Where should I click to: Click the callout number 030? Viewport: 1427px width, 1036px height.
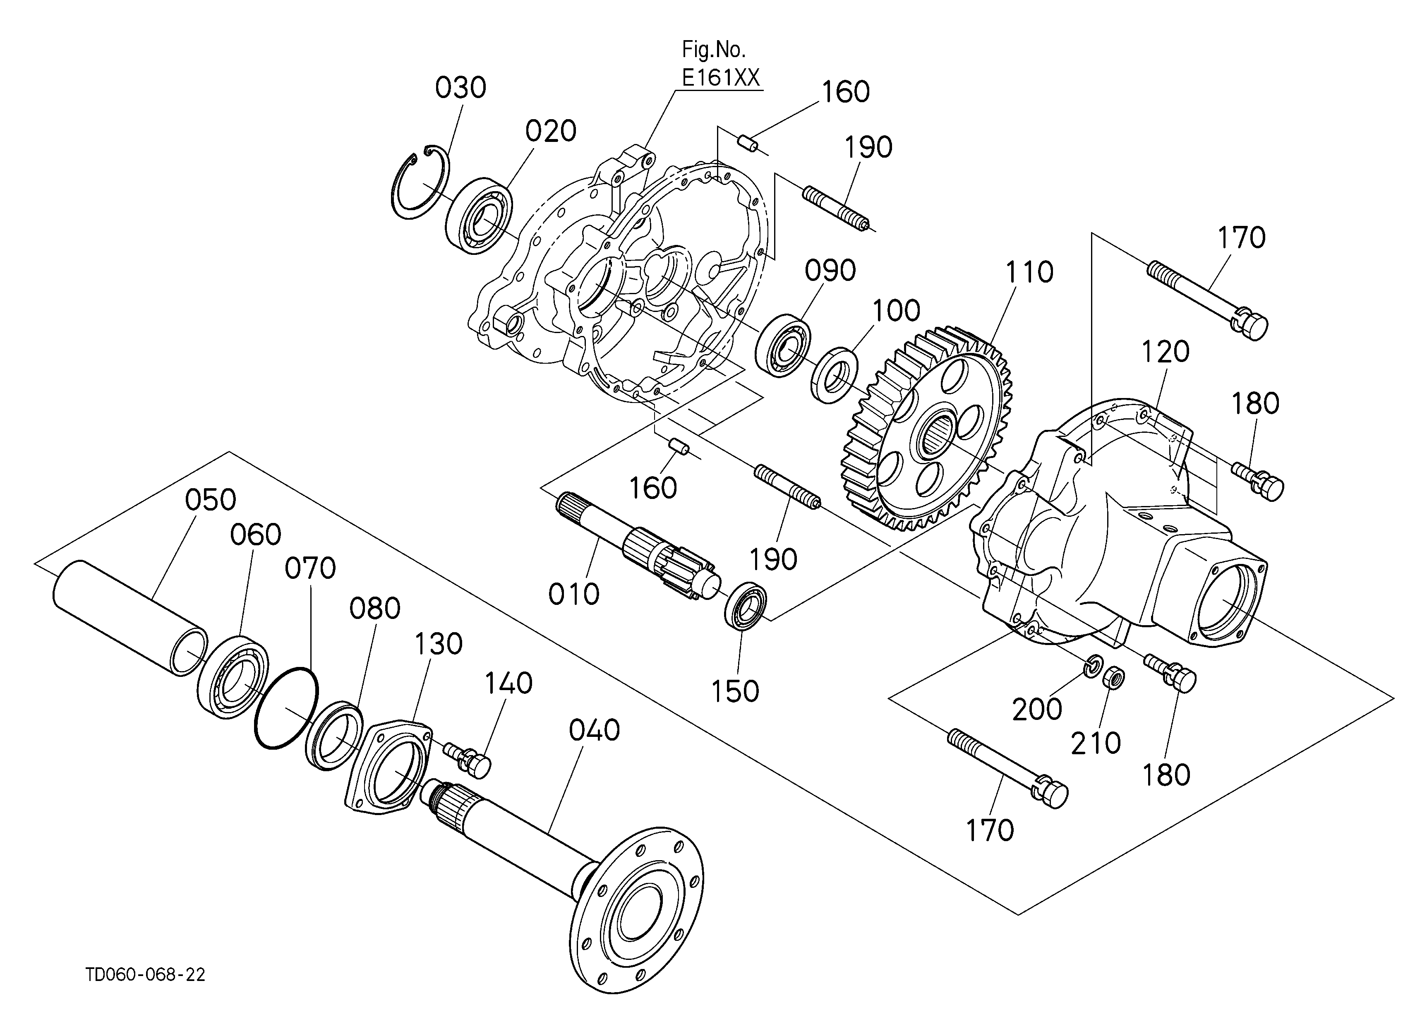pyautogui.click(x=460, y=88)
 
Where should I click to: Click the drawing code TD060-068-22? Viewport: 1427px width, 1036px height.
pyautogui.click(x=145, y=974)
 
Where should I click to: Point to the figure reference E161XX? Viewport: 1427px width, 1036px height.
pyautogui.click(x=721, y=77)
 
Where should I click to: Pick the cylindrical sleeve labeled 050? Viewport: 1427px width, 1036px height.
pyautogui.click(x=130, y=618)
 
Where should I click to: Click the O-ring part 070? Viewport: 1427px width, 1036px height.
pyautogui.click(x=286, y=707)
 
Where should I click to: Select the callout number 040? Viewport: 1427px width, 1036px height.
pyautogui.click(x=595, y=730)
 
